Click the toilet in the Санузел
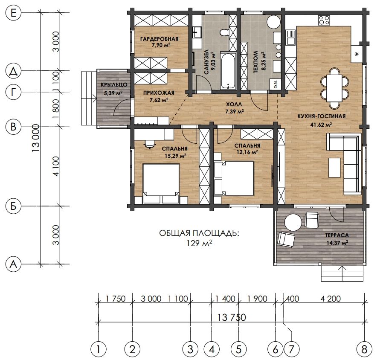225,32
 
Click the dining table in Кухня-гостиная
334,88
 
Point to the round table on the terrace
293,222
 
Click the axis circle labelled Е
13,12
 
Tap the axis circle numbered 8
364,349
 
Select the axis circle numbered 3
191,349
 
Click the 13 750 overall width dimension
232,317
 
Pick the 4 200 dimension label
331,299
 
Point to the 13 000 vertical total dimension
36,138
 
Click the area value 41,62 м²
321,125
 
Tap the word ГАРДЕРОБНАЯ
159,39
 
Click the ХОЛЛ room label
234,105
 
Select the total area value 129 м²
199,243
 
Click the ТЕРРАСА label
337,235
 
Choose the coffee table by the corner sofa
334,168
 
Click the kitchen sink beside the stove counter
290,38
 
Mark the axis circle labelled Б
13,206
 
